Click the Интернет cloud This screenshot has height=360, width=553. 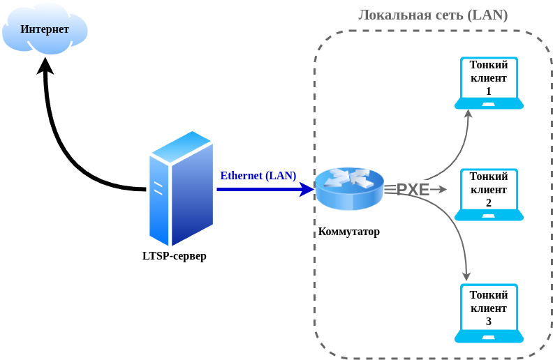[45, 29]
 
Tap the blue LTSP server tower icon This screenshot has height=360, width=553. [181, 188]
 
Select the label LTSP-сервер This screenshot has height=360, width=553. [175, 256]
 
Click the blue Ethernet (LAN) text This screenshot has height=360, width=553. [258, 176]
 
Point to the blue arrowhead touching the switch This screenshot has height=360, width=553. [307, 189]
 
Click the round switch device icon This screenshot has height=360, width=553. [349, 189]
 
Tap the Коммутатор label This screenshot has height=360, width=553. [349, 232]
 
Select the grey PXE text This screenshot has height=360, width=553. [413, 190]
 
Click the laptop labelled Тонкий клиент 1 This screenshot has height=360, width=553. [489, 83]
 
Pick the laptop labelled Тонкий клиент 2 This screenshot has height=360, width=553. [489, 195]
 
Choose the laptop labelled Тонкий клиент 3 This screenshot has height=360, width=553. [489, 313]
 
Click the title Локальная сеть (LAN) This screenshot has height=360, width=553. [433, 15]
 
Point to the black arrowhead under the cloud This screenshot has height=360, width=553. [45, 66]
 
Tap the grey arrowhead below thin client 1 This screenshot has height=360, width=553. [469, 114]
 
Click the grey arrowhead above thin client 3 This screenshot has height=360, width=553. [466, 276]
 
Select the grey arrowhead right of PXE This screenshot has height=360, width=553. [443, 190]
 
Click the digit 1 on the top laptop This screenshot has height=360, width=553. [489, 91]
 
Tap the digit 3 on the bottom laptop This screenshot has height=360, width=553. [489, 321]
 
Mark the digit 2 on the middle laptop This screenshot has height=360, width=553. [489, 202]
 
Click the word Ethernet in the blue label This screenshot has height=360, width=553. [242, 176]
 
